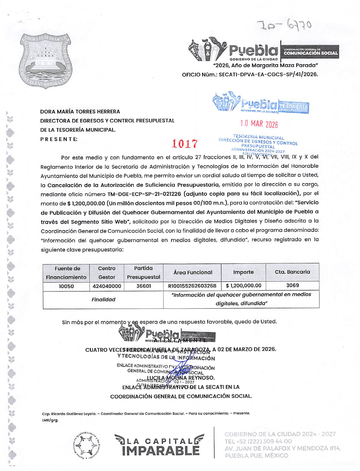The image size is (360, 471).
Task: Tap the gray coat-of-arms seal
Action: coord(45,60)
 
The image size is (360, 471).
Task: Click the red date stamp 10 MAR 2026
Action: coord(259,124)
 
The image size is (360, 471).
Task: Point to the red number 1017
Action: coord(185,144)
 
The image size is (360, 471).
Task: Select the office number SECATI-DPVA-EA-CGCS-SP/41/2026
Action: coord(268,75)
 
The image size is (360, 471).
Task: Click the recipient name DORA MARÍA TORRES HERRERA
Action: coord(80,112)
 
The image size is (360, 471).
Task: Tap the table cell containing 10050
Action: coord(66,286)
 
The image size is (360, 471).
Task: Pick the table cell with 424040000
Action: coord(107,286)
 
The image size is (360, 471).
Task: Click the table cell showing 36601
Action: coord(143,286)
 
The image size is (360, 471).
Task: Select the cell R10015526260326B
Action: coord(192,286)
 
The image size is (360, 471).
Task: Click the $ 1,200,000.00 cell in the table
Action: coord(243,285)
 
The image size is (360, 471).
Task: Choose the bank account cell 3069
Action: coord(292,285)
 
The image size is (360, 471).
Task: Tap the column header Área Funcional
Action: coord(193,272)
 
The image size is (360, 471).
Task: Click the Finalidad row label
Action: coord(103,299)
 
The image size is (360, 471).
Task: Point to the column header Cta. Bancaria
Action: coord(292,272)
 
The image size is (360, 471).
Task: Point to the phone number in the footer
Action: coord(258,441)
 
